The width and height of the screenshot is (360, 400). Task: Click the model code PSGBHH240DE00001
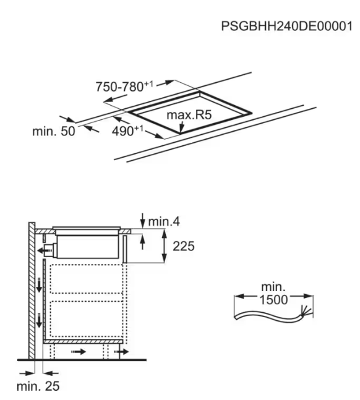(x=286, y=27)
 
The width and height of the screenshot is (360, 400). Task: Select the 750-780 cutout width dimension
(x=124, y=86)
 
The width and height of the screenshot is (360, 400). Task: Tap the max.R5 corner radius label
(x=189, y=115)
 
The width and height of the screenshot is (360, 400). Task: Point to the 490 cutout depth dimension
(x=127, y=130)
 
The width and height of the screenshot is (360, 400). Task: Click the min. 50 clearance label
(x=54, y=131)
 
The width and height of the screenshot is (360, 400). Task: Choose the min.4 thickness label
(x=164, y=221)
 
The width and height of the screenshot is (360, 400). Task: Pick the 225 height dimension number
(x=184, y=246)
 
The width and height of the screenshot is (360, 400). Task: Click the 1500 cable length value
(x=273, y=299)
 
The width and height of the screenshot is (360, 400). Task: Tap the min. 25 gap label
(x=38, y=386)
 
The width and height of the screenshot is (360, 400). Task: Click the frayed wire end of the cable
(x=306, y=312)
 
